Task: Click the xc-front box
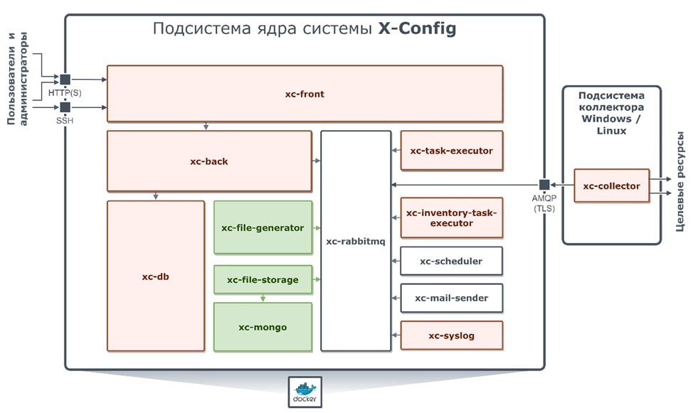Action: pos(305,94)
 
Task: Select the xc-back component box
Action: pos(209,161)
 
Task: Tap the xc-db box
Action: pos(156,276)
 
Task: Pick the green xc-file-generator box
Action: pos(263,227)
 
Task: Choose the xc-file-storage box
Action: pos(263,279)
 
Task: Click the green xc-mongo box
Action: pos(263,327)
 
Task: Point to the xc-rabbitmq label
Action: pos(355,242)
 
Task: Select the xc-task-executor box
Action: pos(451,150)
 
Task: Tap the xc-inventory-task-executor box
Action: pos(451,218)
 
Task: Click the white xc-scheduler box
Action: pos(451,261)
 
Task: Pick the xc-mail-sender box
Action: pos(451,298)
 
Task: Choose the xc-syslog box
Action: pos(451,336)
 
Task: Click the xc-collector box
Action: pos(611,186)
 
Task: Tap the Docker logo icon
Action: pos(305,392)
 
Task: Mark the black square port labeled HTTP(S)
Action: pos(65,80)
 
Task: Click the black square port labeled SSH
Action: pos(65,107)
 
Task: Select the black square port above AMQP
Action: pos(544,185)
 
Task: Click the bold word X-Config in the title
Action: pos(416,29)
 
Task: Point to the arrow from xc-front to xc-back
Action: pos(206,127)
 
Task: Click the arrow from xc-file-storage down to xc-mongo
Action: pos(263,298)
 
